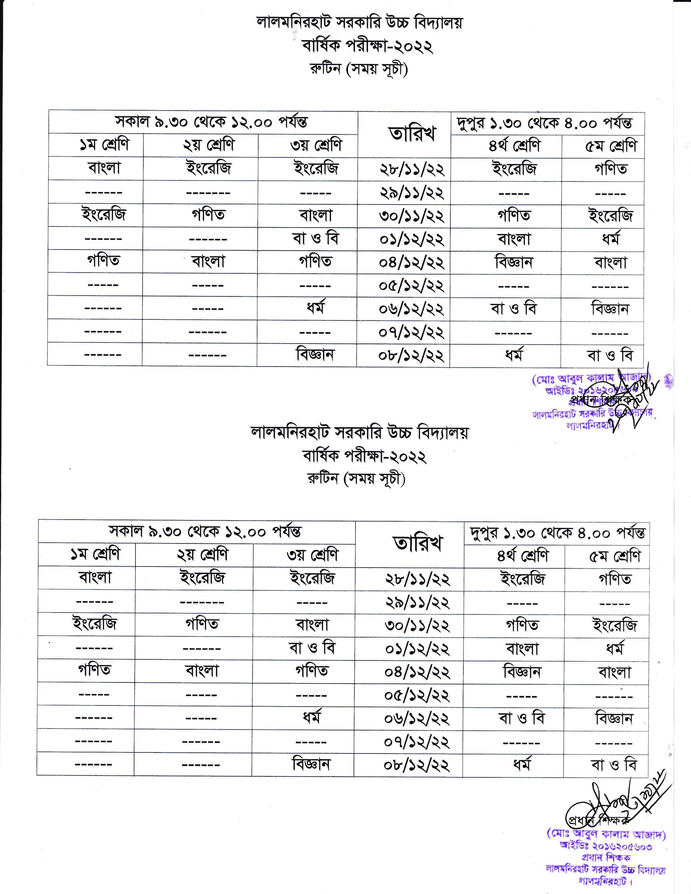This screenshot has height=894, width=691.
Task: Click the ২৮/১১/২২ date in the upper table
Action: coord(412,169)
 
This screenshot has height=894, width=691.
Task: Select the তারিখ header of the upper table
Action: coord(412,134)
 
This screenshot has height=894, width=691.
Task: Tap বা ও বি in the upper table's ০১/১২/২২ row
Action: coord(315,239)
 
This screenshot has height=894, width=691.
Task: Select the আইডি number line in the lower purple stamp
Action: coord(606,845)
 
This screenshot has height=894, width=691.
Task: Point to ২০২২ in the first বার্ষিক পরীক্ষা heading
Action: coord(413,46)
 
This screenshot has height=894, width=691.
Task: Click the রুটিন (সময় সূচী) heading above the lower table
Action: coord(356,478)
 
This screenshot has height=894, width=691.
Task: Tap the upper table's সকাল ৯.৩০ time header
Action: coord(211,122)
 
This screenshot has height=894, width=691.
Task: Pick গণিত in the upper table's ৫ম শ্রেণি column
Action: coord(611,169)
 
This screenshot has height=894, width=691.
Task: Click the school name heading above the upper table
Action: coord(359,22)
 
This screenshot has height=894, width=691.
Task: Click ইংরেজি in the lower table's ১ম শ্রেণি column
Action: coord(95,624)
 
